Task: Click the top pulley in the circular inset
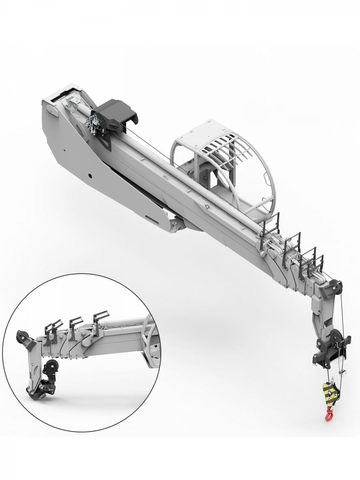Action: click(x=22, y=338)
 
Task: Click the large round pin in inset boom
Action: click(x=85, y=343)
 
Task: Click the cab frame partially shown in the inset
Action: click(x=150, y=342)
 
